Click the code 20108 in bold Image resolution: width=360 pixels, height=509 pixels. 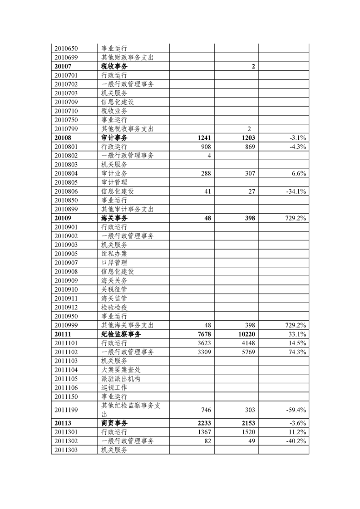pos(63,137)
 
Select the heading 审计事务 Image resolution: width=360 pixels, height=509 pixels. pos(114,137)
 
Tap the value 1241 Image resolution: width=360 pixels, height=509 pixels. pos(204,137)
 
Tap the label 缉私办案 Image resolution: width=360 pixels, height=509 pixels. pos(114,254)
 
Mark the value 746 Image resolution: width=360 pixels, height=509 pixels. pos(206,410)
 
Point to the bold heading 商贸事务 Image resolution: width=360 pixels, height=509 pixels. pos(114,423)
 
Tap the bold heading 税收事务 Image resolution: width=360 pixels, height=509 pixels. pos(114,66)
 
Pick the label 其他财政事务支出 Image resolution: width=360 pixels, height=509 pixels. pos(128,57)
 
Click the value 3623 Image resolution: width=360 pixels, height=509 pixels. pos(203,343)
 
